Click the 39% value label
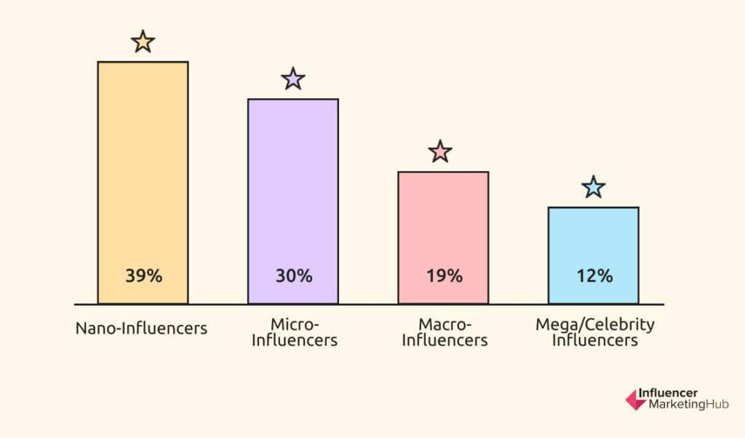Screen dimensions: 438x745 click(143, 276)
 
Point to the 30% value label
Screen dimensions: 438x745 click(293, 276)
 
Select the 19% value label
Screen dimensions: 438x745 click(444, 276)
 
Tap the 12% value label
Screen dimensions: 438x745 click(594, 276)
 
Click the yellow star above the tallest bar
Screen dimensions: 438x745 click(143, 42)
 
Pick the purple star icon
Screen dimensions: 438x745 click(292, 79)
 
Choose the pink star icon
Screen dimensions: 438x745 click(440, 152)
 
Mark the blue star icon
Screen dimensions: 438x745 click(594, 188)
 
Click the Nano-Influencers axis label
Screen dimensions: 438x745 click(141, 329)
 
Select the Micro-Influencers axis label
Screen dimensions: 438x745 click(295, 332)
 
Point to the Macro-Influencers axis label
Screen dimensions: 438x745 click(445, 332)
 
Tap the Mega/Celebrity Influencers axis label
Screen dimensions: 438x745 click(595, 332)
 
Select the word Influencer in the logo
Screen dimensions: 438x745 click(668, 394)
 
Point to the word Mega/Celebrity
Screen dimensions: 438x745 click(595, 324)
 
